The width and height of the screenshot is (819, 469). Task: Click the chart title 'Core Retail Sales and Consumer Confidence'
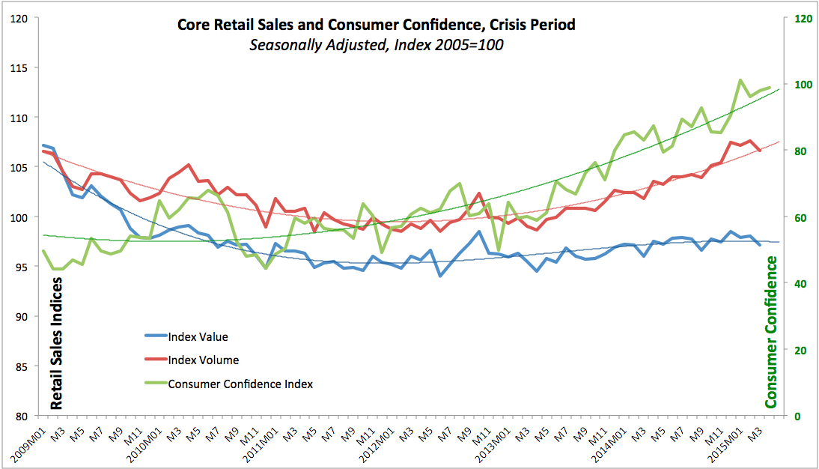point(376,25)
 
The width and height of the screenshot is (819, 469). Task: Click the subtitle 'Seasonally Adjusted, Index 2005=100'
point(376,45)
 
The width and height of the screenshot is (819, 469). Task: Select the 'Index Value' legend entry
point(198,336)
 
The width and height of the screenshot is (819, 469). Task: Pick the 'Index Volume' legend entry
point(203,360)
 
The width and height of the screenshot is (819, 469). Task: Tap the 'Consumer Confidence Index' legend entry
point(240,384)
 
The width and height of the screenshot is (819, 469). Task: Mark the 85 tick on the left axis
point(30,366)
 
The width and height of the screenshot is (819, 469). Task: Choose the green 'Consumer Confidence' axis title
point(771,332)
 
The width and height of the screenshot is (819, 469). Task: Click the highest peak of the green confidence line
point(740,80)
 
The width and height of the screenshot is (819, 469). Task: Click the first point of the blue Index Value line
point(43,145)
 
